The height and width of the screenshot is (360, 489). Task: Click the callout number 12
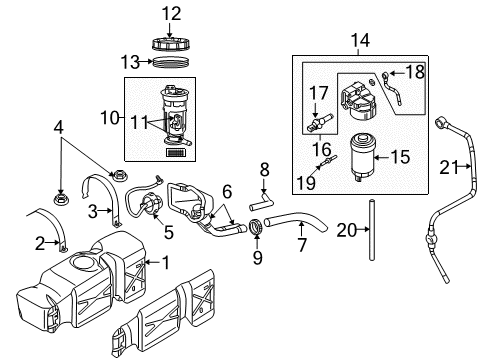point(174,13)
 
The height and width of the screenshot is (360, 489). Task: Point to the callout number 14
point(361,41)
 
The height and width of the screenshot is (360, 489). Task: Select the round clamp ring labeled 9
point(257,232)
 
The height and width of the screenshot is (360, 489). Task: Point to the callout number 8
point(265,169)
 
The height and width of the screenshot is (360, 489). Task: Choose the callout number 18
point(413,71)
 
